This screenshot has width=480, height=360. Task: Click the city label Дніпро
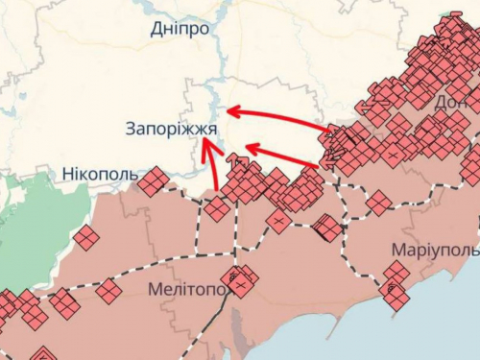pyautogui.click(x=180, y=29)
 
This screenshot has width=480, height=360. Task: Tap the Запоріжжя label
pyautogui.click(x=170, y=129)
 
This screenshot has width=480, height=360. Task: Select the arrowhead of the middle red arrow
pyautogui.click(x=248, y=147)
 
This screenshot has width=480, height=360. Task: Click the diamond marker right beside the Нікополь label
pyautogui.click(x=152, y=180)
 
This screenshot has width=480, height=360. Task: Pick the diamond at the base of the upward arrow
pyautogui.click(x=217, y=208)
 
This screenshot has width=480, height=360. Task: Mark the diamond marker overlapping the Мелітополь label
pyautogui.click(x=239, y=281)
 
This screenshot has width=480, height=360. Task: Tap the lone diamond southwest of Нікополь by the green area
pyautogui.click(x=85, y=237)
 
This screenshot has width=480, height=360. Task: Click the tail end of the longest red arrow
pyautogui.click(x=331, y=129)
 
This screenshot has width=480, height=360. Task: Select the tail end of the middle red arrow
pyautogui.click(x=322, y=165)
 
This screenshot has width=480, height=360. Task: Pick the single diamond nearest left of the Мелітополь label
pyautogui.click(x=108, y=290)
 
